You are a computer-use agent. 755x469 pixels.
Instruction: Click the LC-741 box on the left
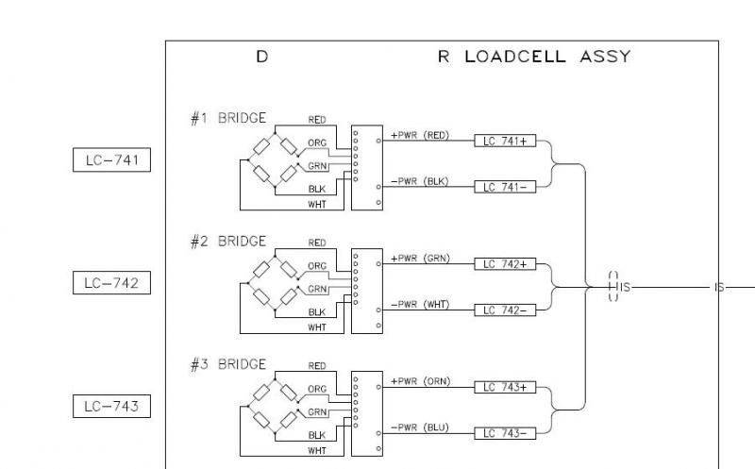(x=111, y=160)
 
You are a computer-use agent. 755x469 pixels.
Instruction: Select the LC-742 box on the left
(x=111, y=282)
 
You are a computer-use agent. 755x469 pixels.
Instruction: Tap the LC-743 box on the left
(x=111, y=407)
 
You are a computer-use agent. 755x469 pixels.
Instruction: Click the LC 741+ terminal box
(x=505, y=141)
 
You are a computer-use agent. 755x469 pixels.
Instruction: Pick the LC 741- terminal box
(x=505, y=187)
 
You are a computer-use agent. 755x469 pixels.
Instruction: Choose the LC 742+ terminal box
(x=505, y=264)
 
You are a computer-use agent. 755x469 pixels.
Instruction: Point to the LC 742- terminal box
(x=505, y=310)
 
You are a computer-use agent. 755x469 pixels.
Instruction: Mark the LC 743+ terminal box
(x=505, y=387)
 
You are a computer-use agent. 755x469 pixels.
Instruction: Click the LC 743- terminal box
(x=505, y=433)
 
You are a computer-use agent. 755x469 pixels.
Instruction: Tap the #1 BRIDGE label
(x=228, y=119)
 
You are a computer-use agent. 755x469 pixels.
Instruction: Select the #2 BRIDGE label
(x=228, y=241)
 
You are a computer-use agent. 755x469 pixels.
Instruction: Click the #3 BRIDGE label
(x=228, y=363)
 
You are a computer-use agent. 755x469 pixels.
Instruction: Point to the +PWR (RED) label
(x=419, y=135)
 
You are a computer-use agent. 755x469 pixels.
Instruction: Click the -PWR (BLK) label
(x=419, y=181)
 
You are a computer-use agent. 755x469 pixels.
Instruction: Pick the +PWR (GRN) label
(x=419, y=258)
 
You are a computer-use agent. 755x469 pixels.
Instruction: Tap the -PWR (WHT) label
(x=419, y=304)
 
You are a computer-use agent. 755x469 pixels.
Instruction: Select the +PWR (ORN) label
(x=419, y=381)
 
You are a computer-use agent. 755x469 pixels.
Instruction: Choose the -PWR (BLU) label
(x=419, y=427)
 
